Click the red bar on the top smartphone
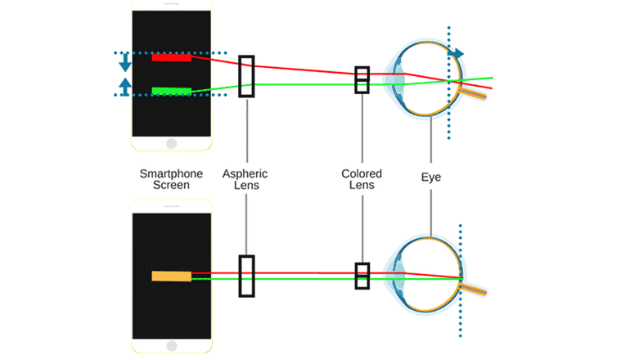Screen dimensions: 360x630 [x=171, y=57]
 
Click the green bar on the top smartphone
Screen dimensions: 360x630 [x=171, y=90]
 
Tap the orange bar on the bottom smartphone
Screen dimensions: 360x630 [x=171, y=276]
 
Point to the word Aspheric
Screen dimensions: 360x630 [x=245, y=173]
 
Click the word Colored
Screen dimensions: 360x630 [x=362, y=173]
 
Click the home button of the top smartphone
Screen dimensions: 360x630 [x=171, y=142]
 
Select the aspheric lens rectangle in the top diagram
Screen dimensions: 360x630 [x=246, y=76]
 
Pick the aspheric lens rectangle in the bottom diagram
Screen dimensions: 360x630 [x=246, y=276]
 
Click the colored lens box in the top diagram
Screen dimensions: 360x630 [x=362, y=79]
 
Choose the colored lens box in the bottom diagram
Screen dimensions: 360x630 [x=362, y=276]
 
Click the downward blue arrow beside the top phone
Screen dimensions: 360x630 [x=124, y=62]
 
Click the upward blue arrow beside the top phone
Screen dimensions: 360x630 [x=124, y=85]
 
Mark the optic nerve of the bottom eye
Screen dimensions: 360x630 [x=477, y=291]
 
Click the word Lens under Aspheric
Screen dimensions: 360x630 [x=245, y=186]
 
